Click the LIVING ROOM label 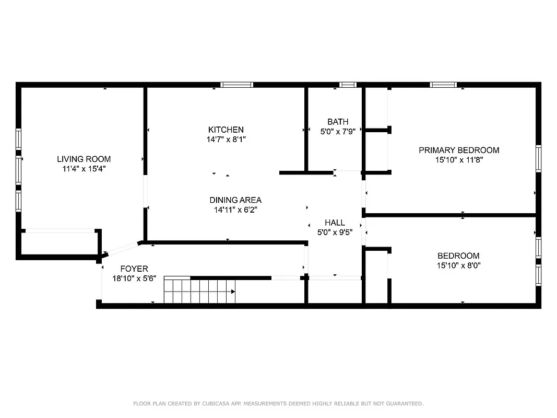click(84, 159)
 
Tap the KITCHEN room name click(226, 130)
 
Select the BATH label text click(338, 122)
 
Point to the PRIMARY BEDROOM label click(459, 150)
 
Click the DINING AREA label click(235, 200)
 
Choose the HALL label click(335, 223)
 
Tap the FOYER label click(134, 269)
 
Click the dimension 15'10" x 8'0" click(458, 265)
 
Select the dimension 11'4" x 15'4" click(84, 169)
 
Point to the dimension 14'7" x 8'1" click(226, 140)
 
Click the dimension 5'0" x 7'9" click(338, 132)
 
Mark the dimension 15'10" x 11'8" click(459, 160)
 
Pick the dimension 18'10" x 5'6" click(134, 278)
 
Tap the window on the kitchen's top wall click(236, 85)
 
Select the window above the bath click(347, 85)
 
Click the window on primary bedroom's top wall click(443, 85)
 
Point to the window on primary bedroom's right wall click(538, 159)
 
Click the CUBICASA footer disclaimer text click(278, 403)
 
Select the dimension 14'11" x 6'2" click(235, 210)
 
